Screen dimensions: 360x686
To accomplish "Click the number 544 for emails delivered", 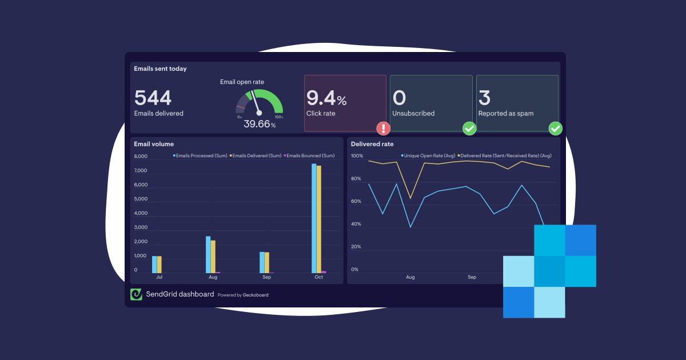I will click(153, 98).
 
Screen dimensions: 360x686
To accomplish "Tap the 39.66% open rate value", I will click(259, 124).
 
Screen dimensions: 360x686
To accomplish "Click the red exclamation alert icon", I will click(383, 128).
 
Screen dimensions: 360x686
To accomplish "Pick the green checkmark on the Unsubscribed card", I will click(469, 128).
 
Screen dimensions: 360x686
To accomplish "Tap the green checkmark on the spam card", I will click(555, 128).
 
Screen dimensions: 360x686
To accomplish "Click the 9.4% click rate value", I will click(326, 99).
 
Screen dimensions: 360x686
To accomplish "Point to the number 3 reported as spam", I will click(484, 98).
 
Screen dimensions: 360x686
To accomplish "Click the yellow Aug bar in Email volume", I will click(213, 257).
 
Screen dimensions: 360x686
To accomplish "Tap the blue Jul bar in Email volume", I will click(154, 264).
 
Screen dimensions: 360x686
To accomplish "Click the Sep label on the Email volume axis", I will click(267, 277).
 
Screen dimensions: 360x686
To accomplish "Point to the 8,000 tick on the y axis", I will click(141, 157).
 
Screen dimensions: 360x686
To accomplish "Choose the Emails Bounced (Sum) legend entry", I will click(310, 155).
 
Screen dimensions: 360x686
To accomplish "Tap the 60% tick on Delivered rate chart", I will click(356, 201).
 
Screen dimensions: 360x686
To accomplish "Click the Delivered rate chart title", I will click(372, 144).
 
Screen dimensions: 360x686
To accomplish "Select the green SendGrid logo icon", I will click(136, 294).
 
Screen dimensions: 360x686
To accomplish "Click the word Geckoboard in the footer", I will click(256, 295).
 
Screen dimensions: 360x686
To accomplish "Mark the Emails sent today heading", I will click(160, 69).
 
